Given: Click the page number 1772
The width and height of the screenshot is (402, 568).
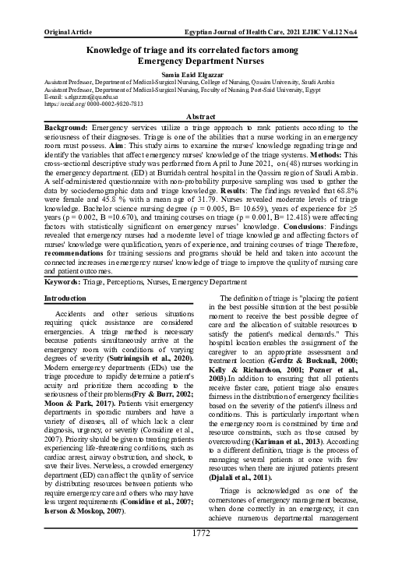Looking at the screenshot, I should coord(201,555).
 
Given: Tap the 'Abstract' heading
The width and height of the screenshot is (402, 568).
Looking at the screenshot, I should coord(201,114).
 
